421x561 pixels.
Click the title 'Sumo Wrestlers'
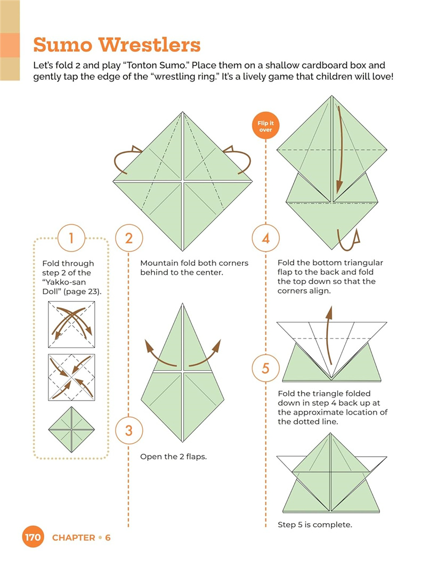(x=117, y=45)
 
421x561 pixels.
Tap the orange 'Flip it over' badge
(x=265, y=127)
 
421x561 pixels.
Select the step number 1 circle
(x=71, y=238)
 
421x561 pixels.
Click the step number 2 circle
(x=128, y=238)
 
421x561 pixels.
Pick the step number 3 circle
(x=128, y=429)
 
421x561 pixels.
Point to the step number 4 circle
(x=265, y=238)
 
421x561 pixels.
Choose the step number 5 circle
(x=265, y=369)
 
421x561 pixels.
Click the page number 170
(x=33, y=538)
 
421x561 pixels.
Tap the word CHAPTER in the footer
(x=74, y=538)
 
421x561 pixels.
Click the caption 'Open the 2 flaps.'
(x=173, y=457)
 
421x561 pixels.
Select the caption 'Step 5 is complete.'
(x=314, y=525)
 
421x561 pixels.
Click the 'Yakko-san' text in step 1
(x=62, y=282)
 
